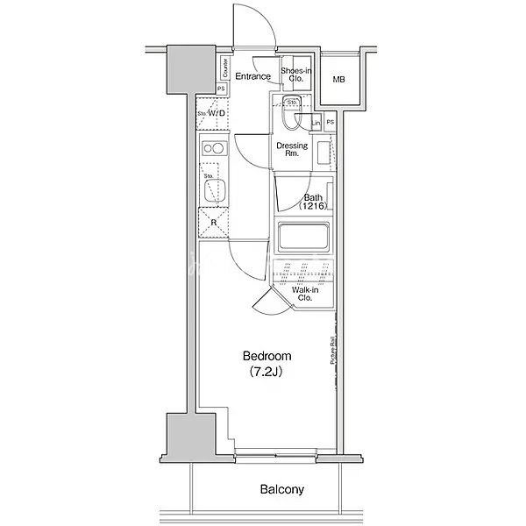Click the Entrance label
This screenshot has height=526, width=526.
[x=252, y=76]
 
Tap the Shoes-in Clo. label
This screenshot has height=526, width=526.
[x=295, y=75]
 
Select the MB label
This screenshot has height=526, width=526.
[x=339, y=81]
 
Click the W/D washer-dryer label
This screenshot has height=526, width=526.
[x=217, y=113]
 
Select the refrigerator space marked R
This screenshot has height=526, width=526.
[x=214, y=223]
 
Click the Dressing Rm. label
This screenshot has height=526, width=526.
[x=292, y=149]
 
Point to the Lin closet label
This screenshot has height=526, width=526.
[x=316, y=124]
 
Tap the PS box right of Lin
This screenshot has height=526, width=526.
[x=330, y=123]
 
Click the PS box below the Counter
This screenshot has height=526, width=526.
[x=221, y=89]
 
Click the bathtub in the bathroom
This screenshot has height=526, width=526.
[x=302, y=238]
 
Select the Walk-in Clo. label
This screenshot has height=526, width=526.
[x=305, y=294]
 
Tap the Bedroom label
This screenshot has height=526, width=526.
[x=267, y=356]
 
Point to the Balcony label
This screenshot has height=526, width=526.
[x=281, y=489]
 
